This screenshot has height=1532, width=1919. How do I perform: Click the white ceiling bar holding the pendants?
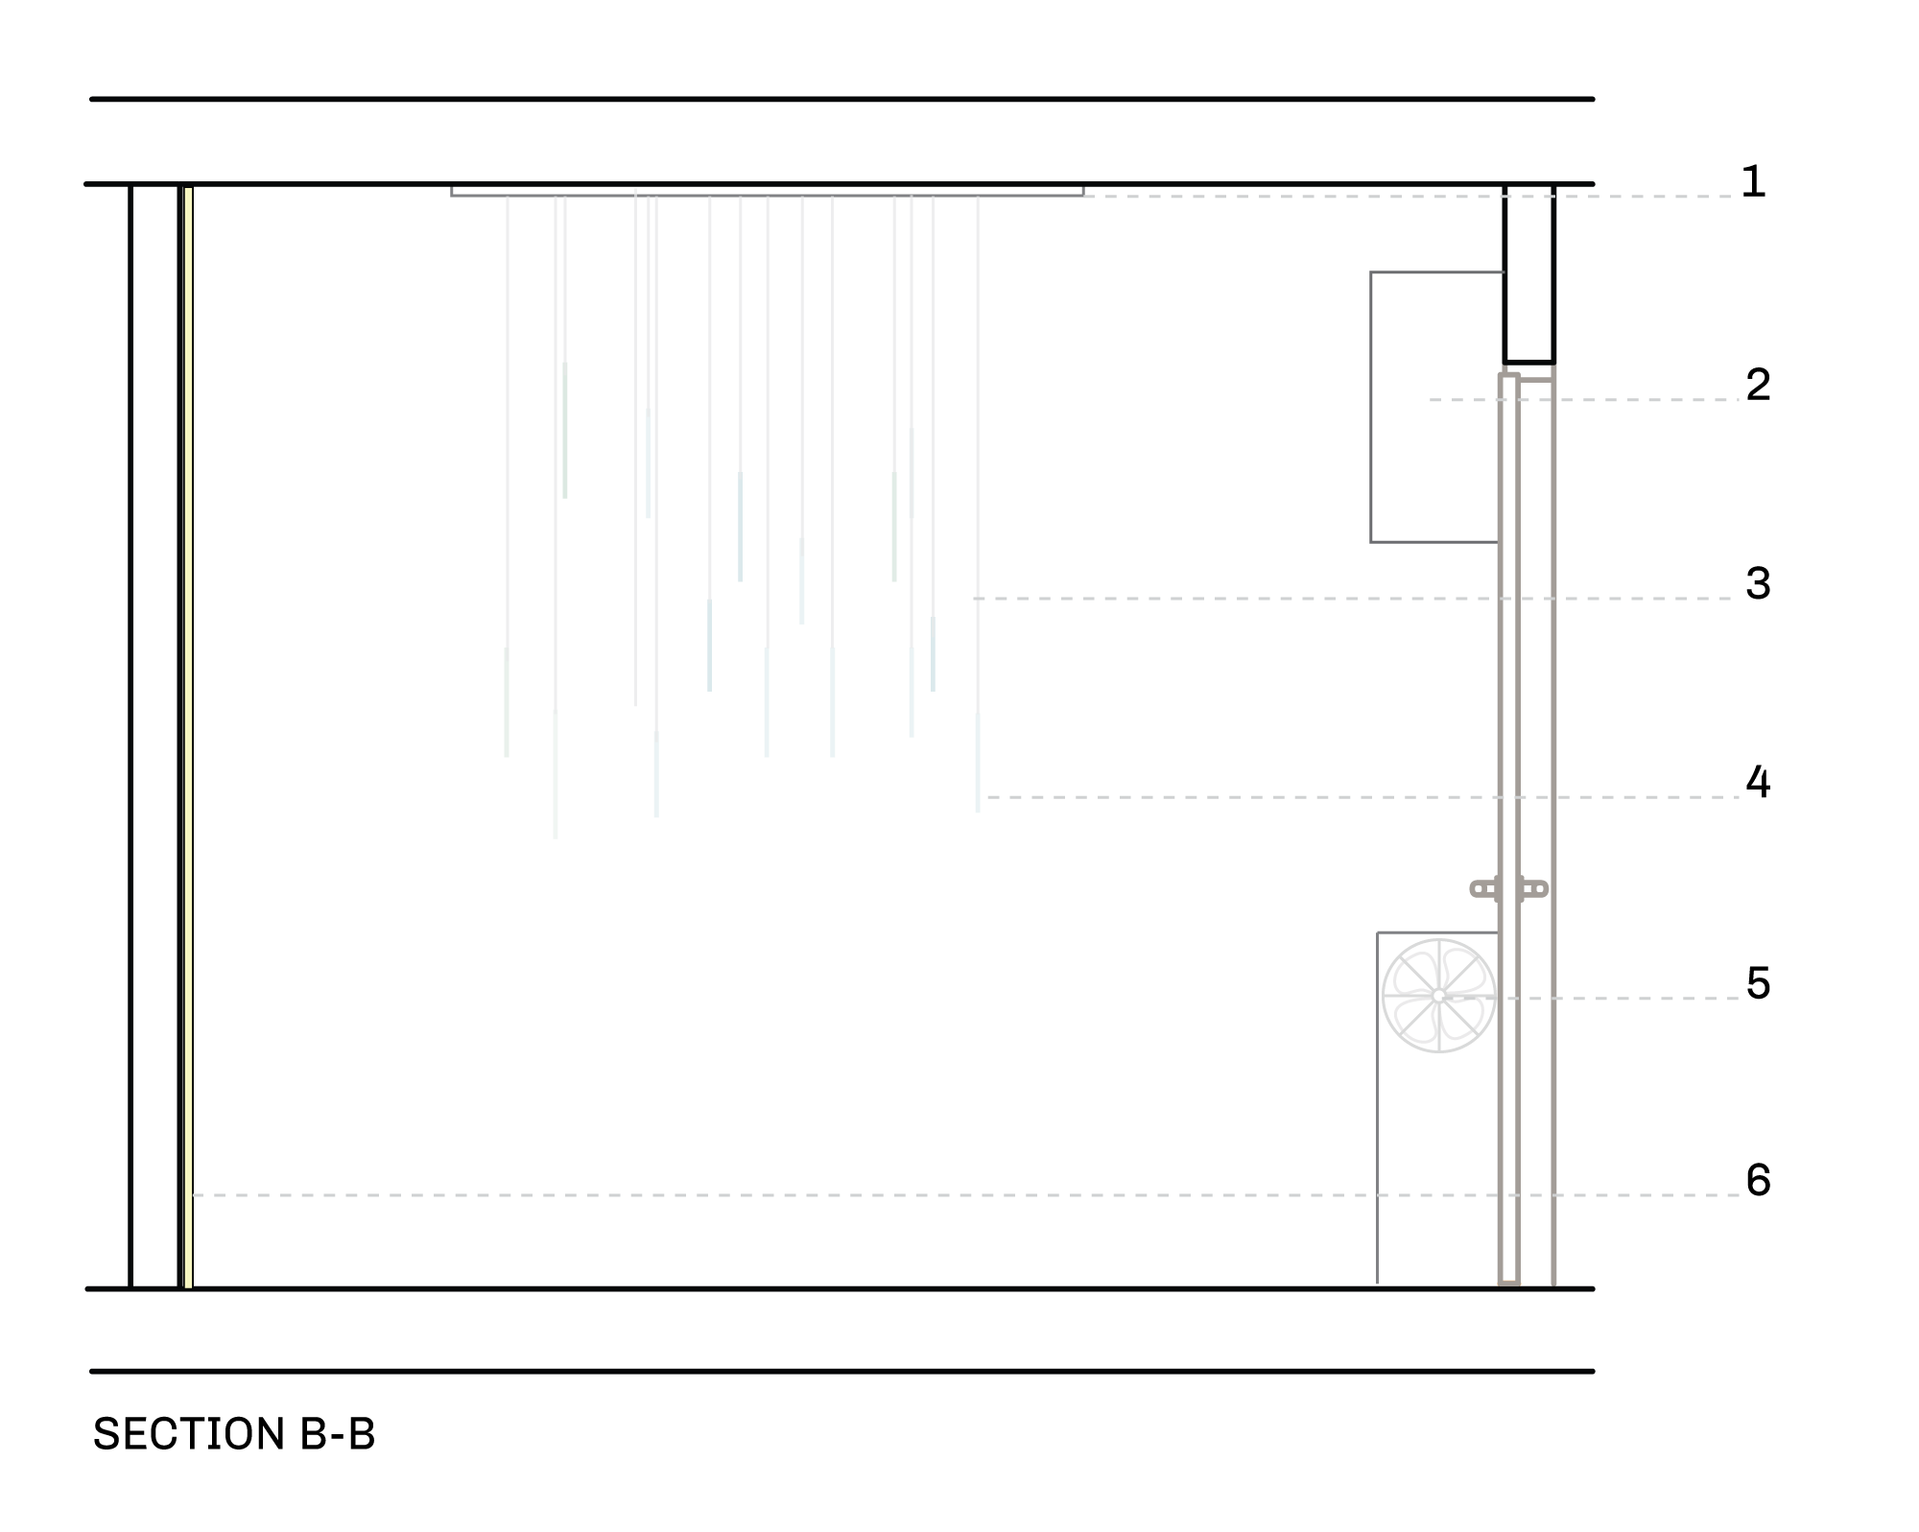tap(768, 192)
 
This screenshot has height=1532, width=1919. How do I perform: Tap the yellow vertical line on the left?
tap(188, 739)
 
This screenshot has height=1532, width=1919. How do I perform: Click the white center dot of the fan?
tap(1438, 997)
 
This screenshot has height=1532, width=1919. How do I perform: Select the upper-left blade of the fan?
tap(1414, 973)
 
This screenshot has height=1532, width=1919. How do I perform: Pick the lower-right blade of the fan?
tap(1462, 1021)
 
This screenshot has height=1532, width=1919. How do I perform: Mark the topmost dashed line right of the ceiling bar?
tap(1401, 197)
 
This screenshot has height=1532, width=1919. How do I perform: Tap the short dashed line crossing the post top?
tap(1583, 400)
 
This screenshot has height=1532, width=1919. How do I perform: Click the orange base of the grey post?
tap(1509, 1282)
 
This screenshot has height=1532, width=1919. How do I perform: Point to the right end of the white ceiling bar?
tap(1080, 192)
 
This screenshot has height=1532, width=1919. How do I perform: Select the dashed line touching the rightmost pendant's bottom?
tap(1343, 797)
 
